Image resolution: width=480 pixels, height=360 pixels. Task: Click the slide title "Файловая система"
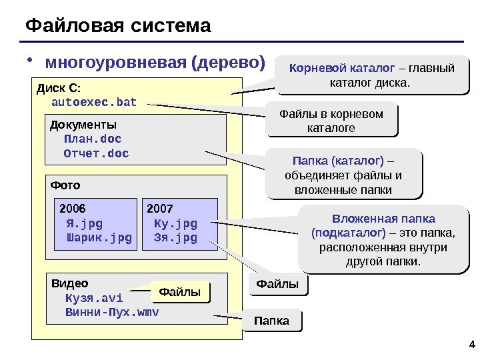pos(118,26)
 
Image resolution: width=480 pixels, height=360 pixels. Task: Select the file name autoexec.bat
pos(93,102)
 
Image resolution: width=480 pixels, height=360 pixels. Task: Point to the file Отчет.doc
pos(96,154)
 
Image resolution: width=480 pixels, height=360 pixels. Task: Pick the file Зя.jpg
pos(175,237)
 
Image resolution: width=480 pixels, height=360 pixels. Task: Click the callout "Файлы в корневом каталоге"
pos(331,120)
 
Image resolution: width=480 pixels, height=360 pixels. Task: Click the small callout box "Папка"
pos(271,321)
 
